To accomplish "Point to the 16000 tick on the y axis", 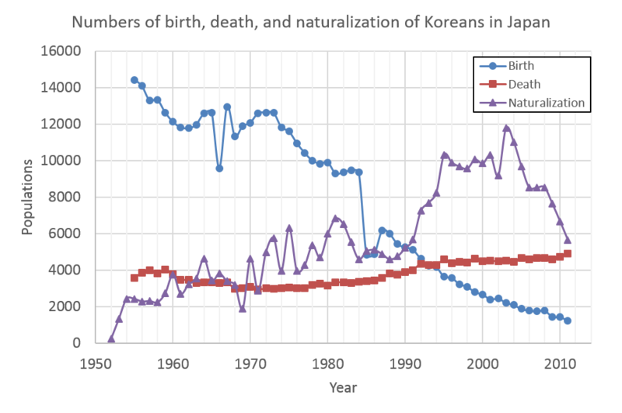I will tap(65, 51).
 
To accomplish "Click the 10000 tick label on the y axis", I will tap(65, 161).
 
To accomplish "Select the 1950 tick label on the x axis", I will tap(96, 362).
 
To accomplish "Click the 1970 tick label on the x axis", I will tap(250, 362).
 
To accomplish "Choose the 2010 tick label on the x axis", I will tap(560, 362).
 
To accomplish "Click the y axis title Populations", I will tap(26, 196).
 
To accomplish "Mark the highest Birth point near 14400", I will tap(135, 79).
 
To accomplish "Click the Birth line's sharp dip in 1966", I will tap(219, 168).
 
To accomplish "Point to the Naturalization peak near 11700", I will tap(506, 129).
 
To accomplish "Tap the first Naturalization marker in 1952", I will tap(111, 338).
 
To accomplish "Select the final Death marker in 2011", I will tap(568, 254).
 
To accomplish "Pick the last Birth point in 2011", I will tap(568, 320).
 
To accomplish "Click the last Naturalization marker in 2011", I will tap(568, 240).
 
